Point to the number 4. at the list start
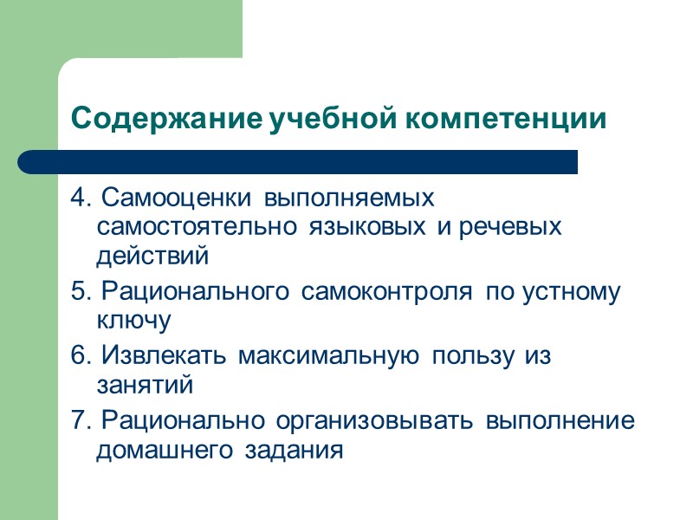81,198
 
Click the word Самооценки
176,198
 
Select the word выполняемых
348,198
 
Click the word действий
152,256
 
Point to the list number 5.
81,292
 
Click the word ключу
134,321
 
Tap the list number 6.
81,355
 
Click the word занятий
144,384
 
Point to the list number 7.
81,421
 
